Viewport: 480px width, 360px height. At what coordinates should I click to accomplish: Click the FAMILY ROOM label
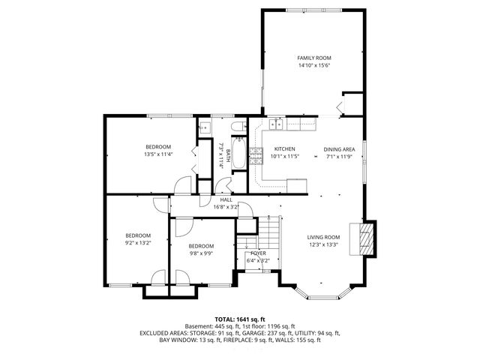[x=313, y=58]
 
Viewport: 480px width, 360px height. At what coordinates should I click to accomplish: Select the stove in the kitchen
[x=256, y=155]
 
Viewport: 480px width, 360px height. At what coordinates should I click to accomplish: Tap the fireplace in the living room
[x=365, y=238]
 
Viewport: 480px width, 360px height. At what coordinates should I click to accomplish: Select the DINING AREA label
[x=338, y=149]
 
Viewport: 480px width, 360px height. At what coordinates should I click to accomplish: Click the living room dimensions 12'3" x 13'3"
[x=323, y=244]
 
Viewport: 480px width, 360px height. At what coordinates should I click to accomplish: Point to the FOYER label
[x=258, y=254]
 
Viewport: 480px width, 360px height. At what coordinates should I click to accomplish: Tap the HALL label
[x=226, y=199]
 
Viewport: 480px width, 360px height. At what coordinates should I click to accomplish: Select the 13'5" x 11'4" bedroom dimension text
[x=158, y=154]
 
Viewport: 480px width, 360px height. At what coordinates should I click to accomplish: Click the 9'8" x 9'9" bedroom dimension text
[x=201, y=253]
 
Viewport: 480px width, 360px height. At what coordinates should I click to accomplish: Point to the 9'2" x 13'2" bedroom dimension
[x=138, y=242]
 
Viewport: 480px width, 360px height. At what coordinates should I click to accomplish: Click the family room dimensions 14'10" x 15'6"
[x=313, y=65]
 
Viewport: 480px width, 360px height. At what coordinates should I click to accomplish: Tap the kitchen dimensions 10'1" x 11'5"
[x=284, y=157]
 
